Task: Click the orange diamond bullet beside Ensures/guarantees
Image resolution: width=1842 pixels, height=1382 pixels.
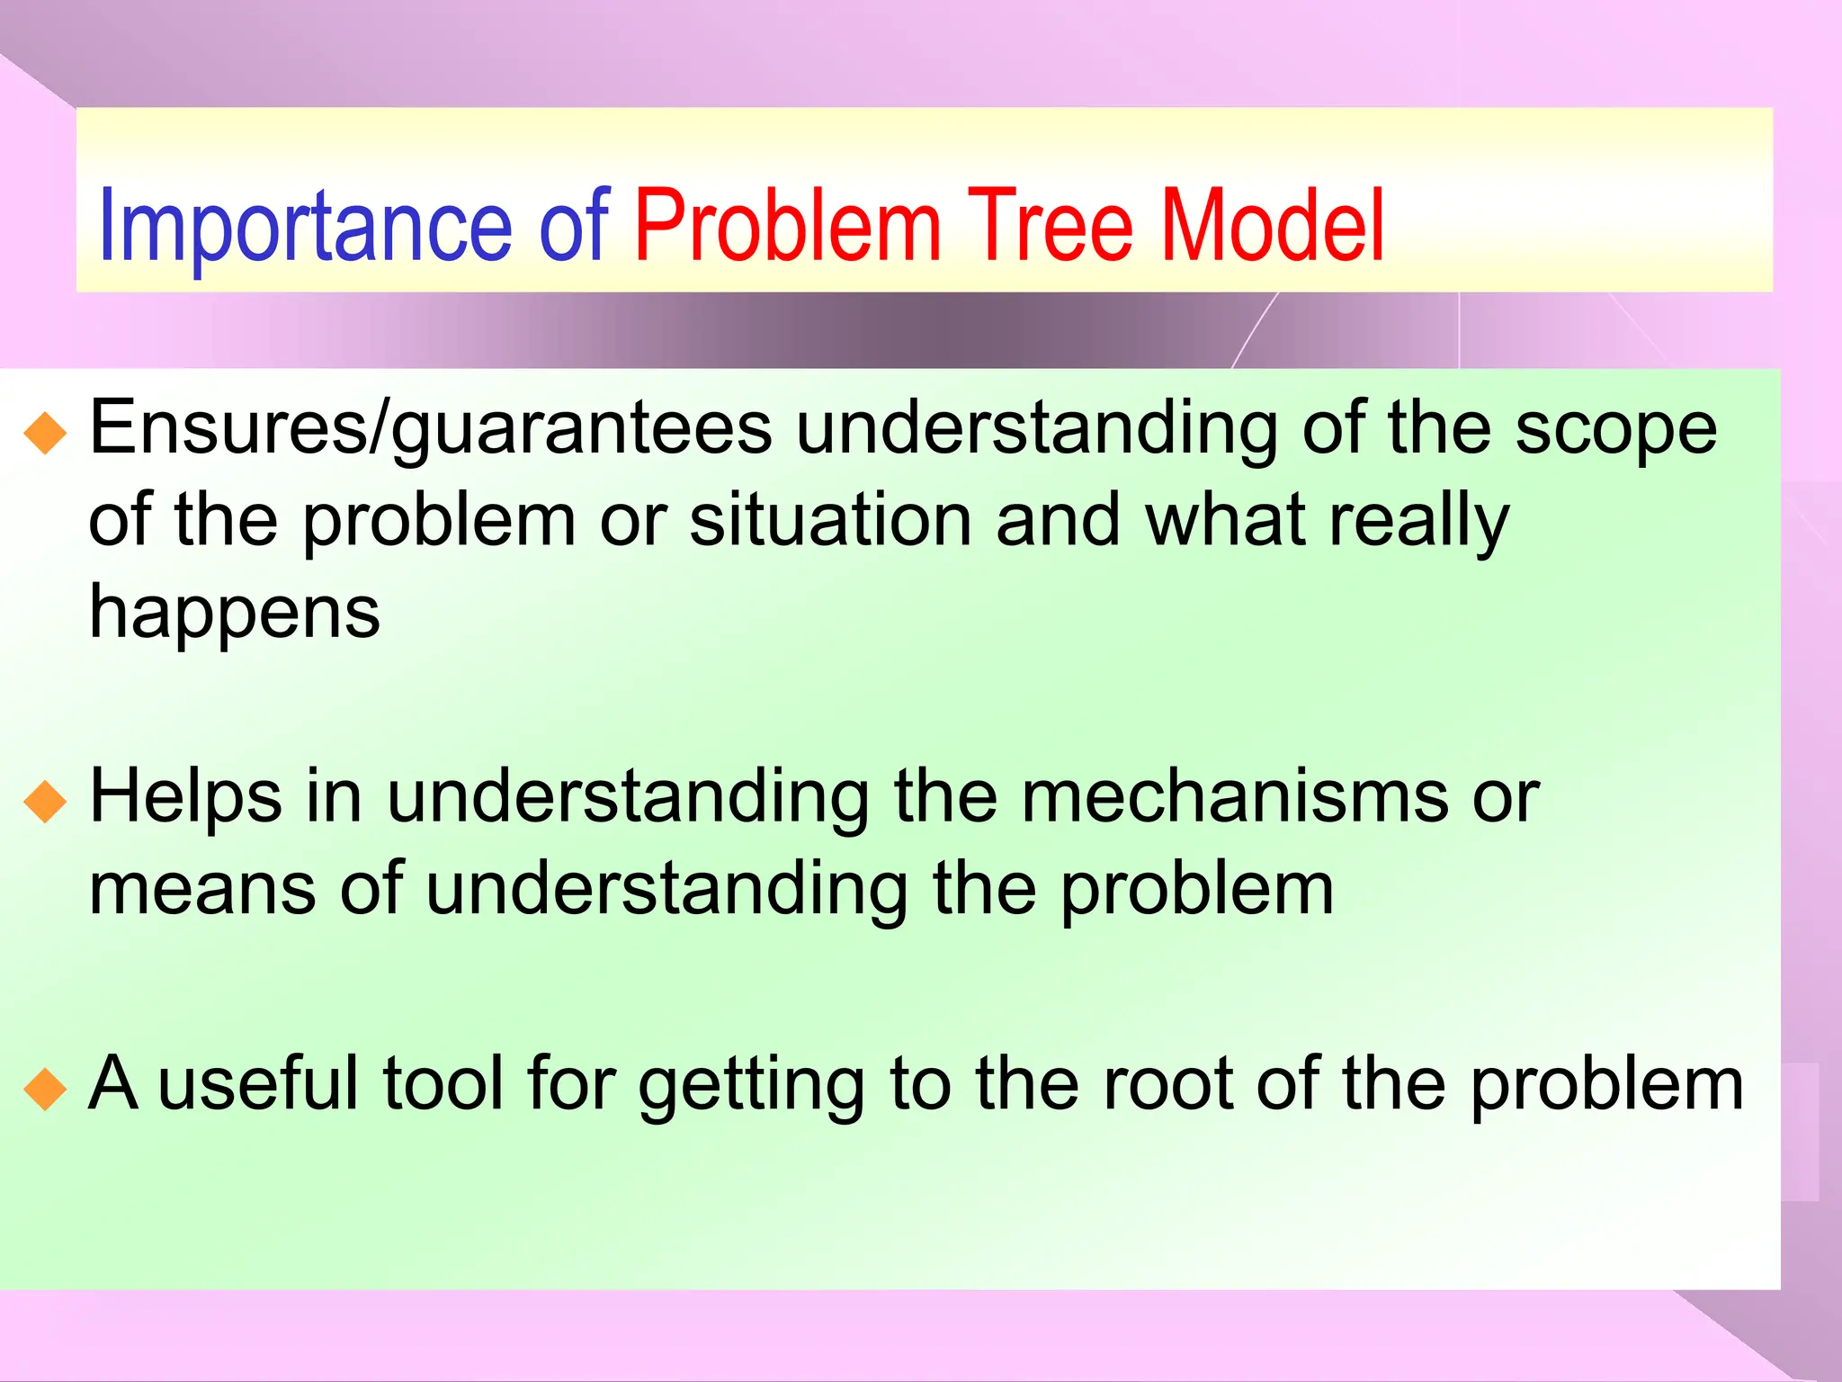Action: coord(46,433)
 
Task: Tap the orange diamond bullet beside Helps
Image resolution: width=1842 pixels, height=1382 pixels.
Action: coord(46,802)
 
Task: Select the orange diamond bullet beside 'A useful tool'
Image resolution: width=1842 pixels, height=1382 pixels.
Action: coord(46,1089)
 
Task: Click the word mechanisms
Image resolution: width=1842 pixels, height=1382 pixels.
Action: coord(1234,797)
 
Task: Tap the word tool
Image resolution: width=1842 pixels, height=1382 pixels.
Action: coord(443,1084)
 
